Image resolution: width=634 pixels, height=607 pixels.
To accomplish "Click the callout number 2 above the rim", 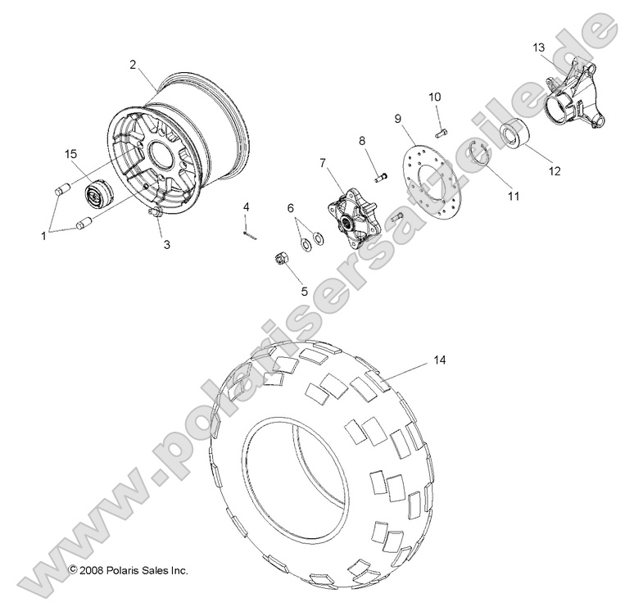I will click(x=133, y=64).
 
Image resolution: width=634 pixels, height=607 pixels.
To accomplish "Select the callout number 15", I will click(x=71, y=154).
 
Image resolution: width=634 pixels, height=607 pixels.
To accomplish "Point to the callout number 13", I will click(x=538, y=48).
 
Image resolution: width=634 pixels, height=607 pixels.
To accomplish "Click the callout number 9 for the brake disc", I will click(x=398, y=119).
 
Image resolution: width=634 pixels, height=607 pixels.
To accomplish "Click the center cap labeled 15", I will click(x=97, y=197).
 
